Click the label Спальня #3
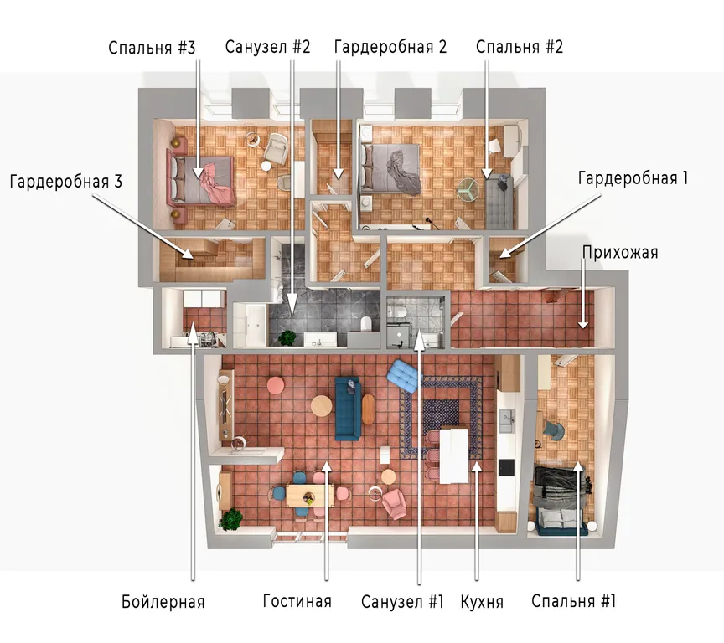pyautogui.click(x=152, y=48)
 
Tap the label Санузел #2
pyautogui.click(x=267, y=47)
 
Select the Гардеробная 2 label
pyautogui.click(x=390, y=47)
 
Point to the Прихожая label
pyautogui.click(x=619, y=253)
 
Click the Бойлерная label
pyautogui.click(x=163, y=602)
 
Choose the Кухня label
pyautogui.click(x=482, y=602)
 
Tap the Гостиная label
pyautogui.click(x=297, y=601)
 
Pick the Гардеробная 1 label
pyautogui.click(x=633, y=178)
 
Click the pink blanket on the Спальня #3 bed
pyautogui.click(x=216, y=184)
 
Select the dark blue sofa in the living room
pyautogui.click(x=348, y=409)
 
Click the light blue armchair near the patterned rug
pyautogui.click(x=404, y=375)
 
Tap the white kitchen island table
pyautogui.click(x=454, y=455)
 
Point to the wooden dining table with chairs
pyautogui.click(x=309, y=496)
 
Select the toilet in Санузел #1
pyautogui.click(x=396, y=311)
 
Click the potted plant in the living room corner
pyautogui.click(x=231, y=519)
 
